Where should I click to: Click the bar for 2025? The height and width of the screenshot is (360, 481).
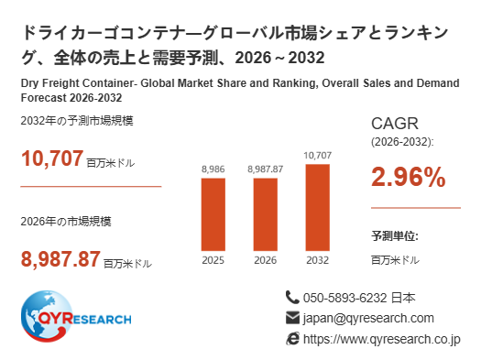(x=213, y=214)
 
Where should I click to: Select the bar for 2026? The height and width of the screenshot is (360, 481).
(x=266, y=214)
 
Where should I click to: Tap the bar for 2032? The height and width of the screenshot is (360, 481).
(x=318, y=208)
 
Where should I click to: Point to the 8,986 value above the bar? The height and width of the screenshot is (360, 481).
(x=213, y=169)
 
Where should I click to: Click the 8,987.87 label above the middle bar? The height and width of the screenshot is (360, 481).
(x=266, y=169)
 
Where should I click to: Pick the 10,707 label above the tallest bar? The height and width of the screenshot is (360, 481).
(x=318, y=156)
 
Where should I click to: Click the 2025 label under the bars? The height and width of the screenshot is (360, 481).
(x=213, y=260)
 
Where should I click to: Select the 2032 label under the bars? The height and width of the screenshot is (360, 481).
(x=318, y=260)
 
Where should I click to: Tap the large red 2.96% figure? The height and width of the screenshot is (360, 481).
(x=409, y=177)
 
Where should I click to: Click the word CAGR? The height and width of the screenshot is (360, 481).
(x=395, y=124)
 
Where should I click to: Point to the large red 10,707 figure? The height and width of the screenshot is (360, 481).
(x=52, y=158)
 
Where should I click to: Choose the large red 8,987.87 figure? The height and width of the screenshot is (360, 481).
(x=60, y=259)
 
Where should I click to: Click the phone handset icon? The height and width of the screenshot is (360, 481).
(x=292, y=298)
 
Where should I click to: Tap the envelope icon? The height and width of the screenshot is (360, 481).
(x=292, y=318)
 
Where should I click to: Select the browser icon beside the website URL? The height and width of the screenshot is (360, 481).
(x=292, y=339)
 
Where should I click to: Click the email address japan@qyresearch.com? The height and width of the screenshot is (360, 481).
(x=368, y=318)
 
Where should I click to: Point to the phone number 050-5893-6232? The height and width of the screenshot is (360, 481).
(x=345, y=298)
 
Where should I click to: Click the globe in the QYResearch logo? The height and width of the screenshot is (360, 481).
(x=47, y=316)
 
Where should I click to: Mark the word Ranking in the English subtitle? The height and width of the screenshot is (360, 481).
(x=296, y=83)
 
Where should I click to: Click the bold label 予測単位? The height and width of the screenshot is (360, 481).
(x=395, y=236)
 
